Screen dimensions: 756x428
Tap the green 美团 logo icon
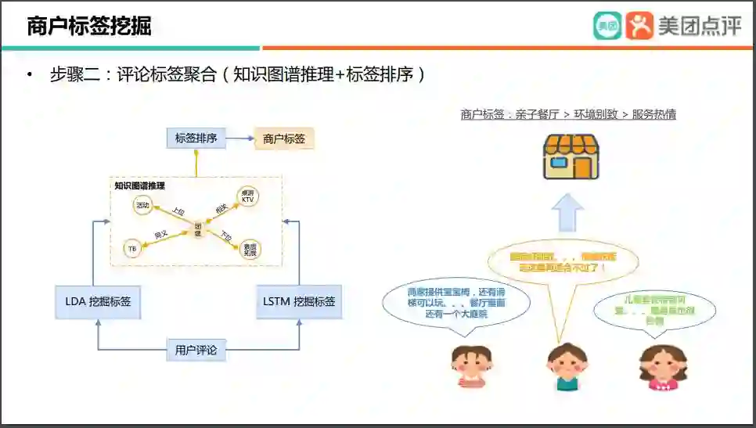[x=607, y=26]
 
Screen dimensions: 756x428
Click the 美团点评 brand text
[x=700, y=26]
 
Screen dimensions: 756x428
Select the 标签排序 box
[x=196, y=139]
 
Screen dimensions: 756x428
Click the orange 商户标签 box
[x=284, y=139]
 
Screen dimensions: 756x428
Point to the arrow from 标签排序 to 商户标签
[x=239, y=139]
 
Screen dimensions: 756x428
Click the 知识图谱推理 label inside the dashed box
[x=139, y=185]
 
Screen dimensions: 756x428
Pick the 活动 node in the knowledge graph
[x=142, y=206]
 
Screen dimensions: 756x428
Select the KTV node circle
[x=248, y=196]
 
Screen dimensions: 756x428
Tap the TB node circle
[x=132, y=249]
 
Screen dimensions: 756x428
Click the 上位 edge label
[x=178, y=211]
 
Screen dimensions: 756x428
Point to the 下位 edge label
[x=225, y=236]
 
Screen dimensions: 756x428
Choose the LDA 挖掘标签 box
[x=98, y=301]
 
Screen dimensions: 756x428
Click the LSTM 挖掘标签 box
[x=298, y=301]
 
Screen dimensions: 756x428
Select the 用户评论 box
[x=196, y=350]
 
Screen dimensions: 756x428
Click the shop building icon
[x=571, y=156]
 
